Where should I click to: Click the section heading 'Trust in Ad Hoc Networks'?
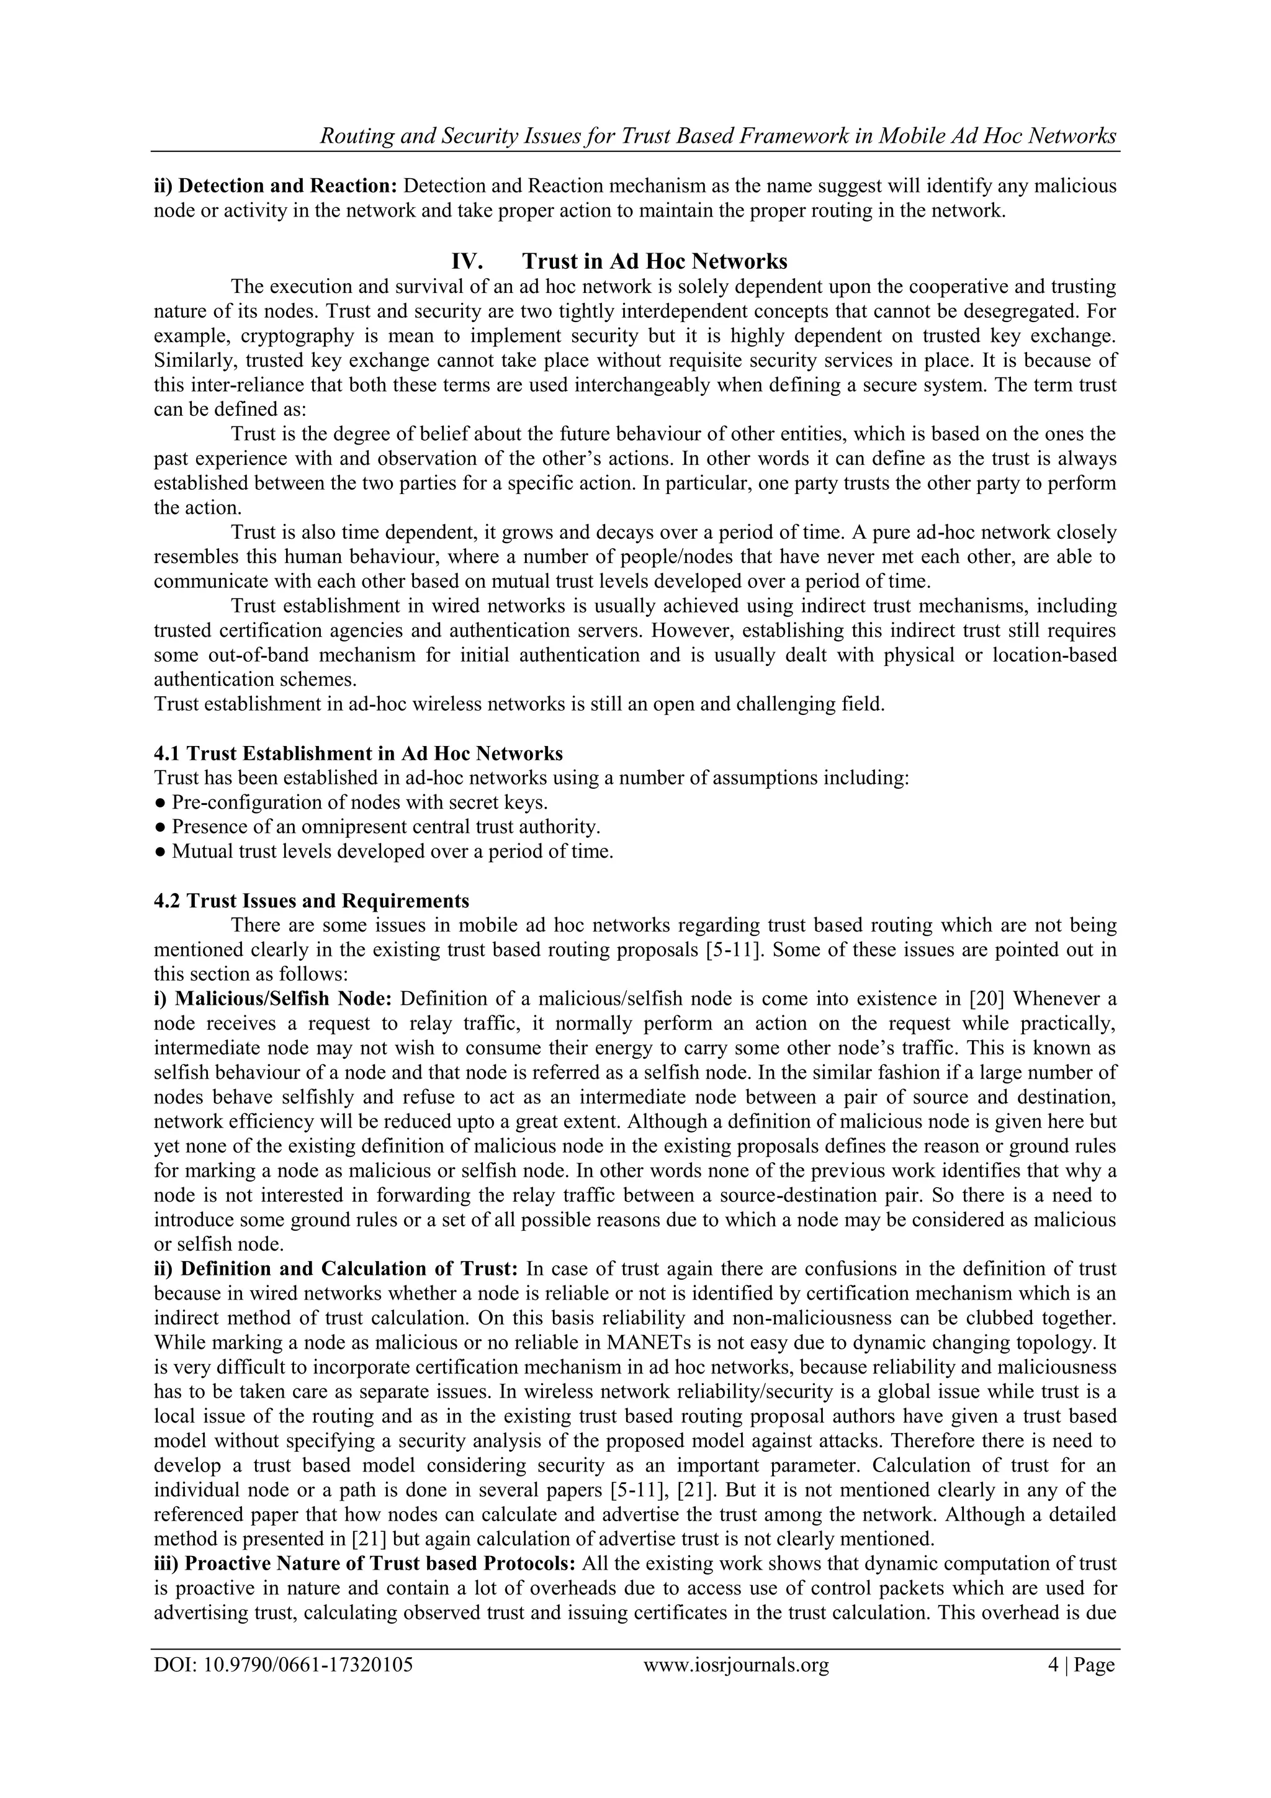click(x=654, y=261)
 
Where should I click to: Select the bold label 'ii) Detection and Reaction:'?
click(x=276, y=186)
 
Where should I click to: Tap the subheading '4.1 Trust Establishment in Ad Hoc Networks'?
click(x=358, y=753)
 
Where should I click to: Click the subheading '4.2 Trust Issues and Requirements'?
click(x=312, y=901)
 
